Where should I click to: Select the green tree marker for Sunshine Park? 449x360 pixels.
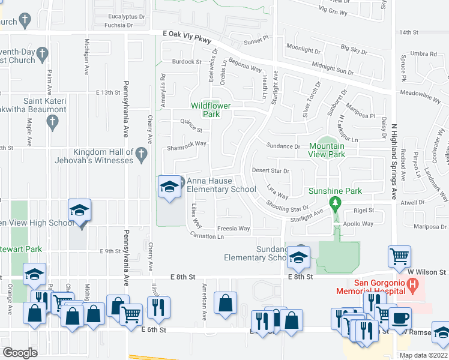coord(337,203)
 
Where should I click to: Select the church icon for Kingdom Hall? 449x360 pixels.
coord(142,154)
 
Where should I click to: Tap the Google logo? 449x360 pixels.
coord(20,353)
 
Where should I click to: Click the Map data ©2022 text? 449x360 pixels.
coord(423,355)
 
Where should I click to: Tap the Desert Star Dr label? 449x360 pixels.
coord(270,170)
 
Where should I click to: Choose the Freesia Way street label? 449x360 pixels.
coord(233,229)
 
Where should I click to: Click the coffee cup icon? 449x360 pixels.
coord(400,317)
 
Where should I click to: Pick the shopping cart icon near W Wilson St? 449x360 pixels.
coord(399,256)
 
